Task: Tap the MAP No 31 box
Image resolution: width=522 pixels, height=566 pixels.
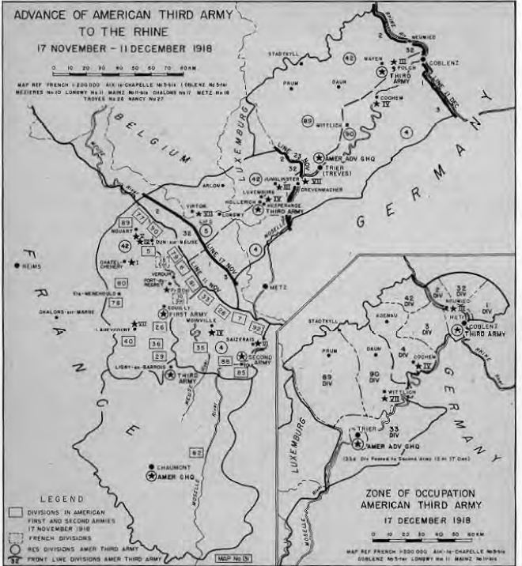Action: (234, 559)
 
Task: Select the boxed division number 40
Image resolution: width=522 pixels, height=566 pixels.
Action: (128, 341)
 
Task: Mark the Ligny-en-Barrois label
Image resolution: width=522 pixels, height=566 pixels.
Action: (138, 368)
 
